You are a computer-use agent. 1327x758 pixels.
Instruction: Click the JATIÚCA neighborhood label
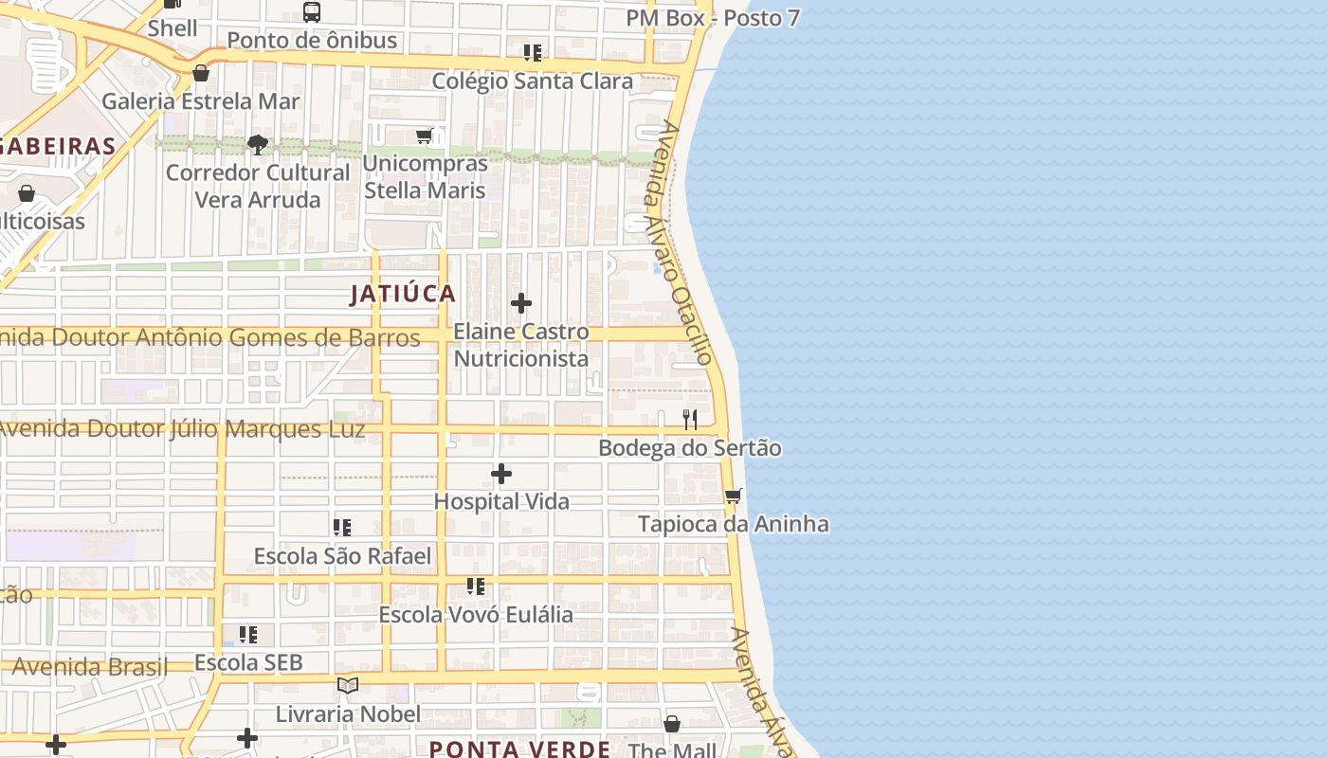403,294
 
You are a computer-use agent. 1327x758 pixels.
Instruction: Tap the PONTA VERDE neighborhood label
519,749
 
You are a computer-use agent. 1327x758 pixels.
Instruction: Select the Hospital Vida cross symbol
501,473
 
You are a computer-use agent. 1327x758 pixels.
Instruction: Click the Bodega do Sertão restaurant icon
690,419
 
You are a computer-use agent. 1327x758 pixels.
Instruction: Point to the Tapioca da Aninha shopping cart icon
733,496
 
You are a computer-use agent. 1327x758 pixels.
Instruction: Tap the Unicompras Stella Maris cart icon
425,135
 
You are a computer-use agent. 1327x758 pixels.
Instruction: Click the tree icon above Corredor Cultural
257,145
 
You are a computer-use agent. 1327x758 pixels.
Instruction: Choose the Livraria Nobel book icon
348,685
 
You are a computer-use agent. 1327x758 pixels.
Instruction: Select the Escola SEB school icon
248,634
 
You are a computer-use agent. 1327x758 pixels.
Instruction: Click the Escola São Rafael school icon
342,527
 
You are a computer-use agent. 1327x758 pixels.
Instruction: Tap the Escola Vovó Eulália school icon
476,587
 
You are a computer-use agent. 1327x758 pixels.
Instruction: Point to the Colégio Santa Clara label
532,81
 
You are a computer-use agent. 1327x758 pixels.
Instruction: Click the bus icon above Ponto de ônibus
312,12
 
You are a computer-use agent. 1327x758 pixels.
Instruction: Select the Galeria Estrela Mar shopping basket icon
201,73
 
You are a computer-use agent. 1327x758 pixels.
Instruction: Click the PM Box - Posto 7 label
712,18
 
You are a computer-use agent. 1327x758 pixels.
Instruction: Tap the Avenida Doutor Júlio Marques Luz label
182,429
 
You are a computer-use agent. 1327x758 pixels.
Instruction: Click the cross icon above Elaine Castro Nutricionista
521,303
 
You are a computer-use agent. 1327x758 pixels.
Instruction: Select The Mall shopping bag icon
672,724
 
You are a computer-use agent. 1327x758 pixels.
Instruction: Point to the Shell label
173,28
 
